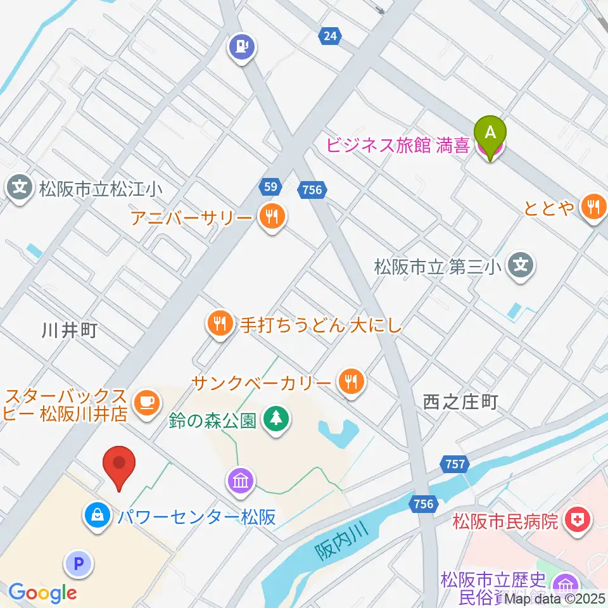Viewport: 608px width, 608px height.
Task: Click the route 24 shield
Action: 329,36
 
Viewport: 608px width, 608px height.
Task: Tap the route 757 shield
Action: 455,465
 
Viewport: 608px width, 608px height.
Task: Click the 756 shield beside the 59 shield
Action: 312,189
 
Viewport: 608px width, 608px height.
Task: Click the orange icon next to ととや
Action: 594,206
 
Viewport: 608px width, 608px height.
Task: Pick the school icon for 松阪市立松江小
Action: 20,188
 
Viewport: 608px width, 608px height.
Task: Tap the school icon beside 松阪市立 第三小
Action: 521,263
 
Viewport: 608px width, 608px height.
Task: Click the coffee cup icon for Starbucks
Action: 147,403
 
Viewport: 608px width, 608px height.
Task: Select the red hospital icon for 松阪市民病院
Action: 577,521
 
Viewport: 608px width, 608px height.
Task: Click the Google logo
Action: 42,593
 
